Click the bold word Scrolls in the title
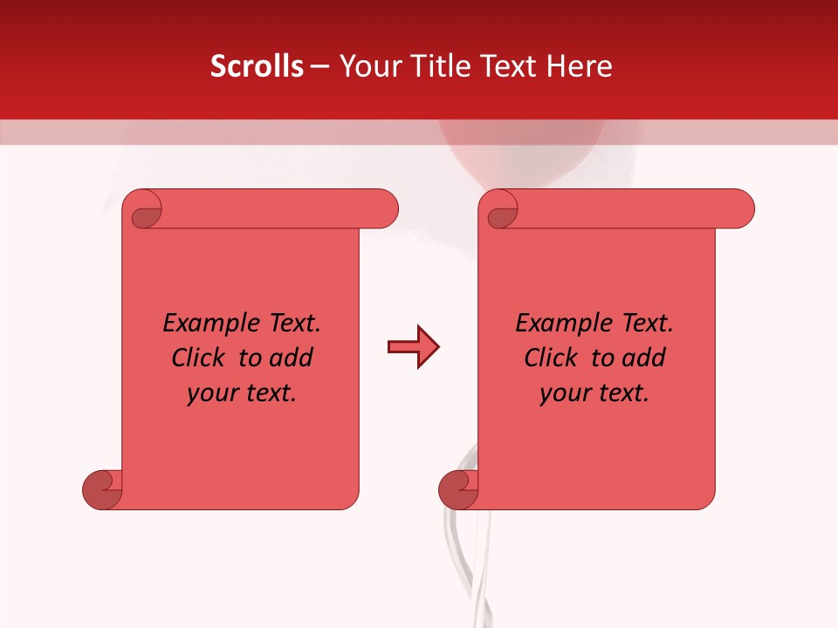(x=257, y=66)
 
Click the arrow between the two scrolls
(x=413, y=347)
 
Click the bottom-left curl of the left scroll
(x=101, y=489)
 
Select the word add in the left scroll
(x=292, y=358)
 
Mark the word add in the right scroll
(x=645, y=358)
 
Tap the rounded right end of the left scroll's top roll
(x=384, y=209)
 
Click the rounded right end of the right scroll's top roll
(x=740, y=209)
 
